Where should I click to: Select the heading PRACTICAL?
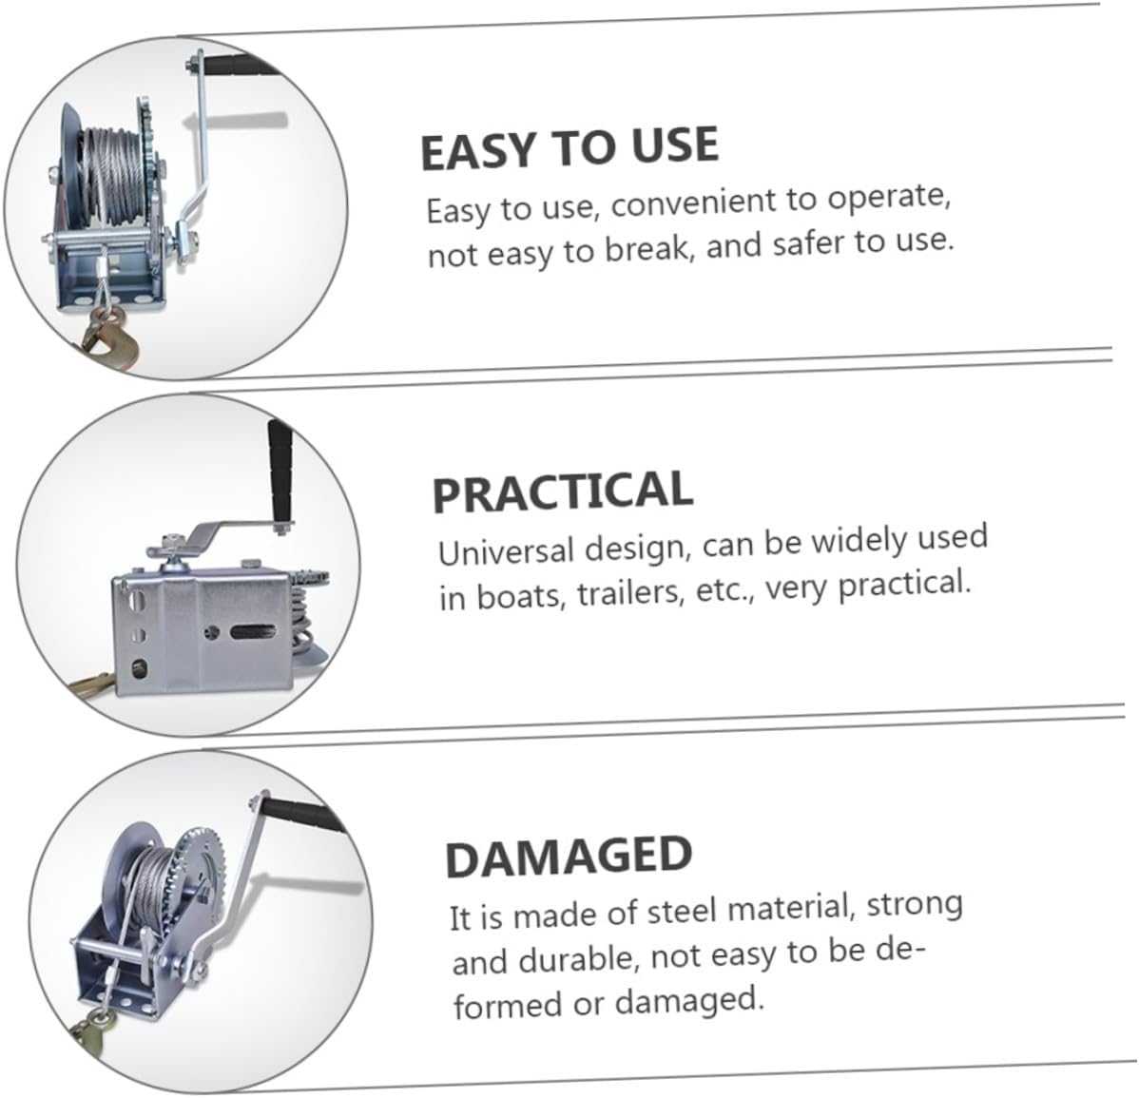pyautogui.click(x=562, y=491)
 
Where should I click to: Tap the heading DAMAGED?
pyautogui.click(x=568, y=857)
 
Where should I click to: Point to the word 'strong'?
pyautogui.click(x=916, y=903)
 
